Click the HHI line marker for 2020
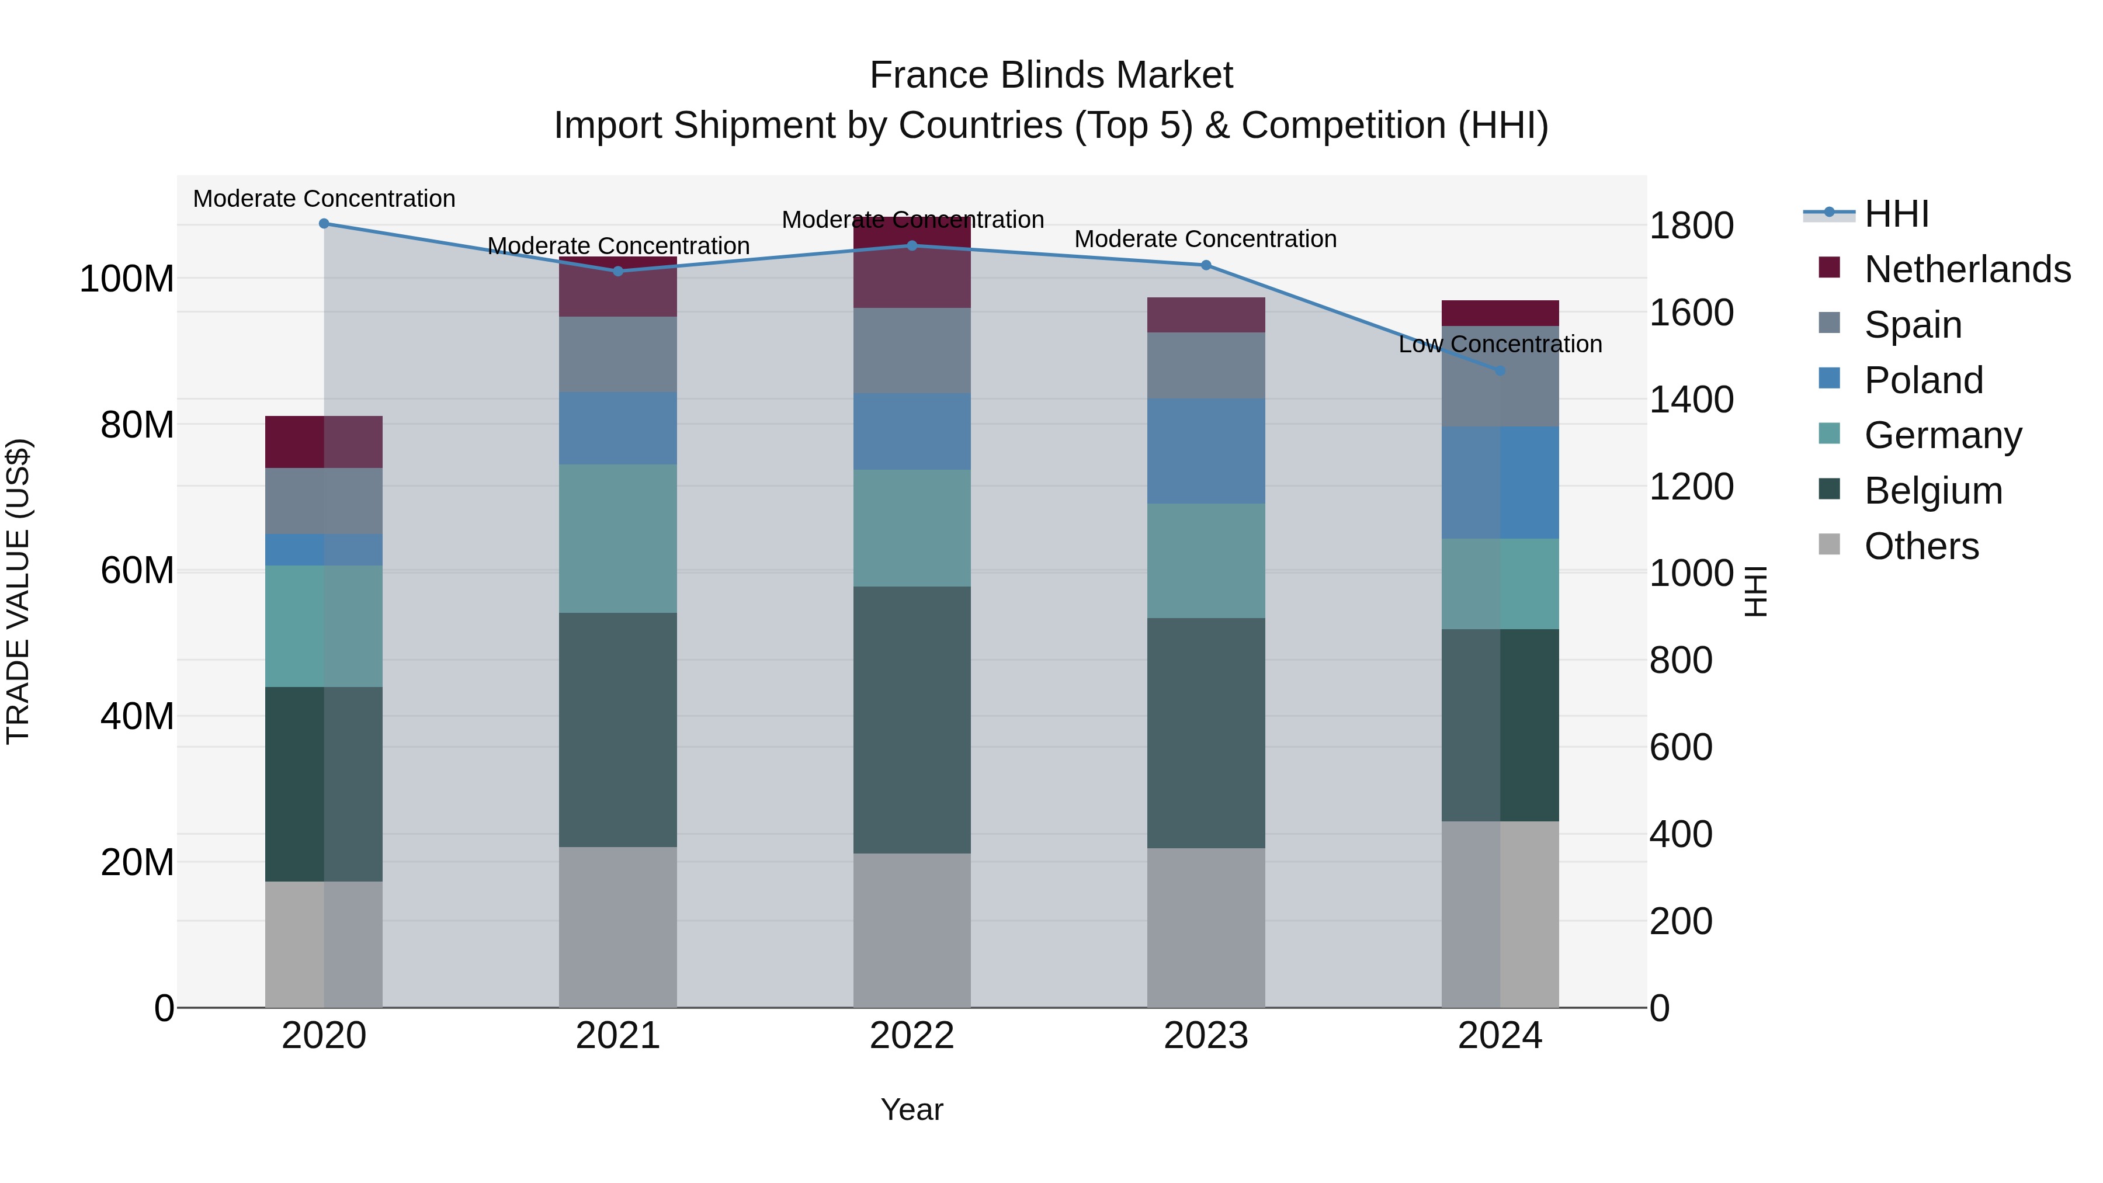(324, 224)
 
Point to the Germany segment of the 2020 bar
(324, 626)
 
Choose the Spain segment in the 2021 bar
(618, 355)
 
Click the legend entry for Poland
(1924, 380)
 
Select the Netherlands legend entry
(1967, 269)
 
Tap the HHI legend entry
(1896, 214)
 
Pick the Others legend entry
(1921, 546)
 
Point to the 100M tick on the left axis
(127, 279)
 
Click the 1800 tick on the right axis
(1691, 226)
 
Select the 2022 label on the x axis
(912, 1036)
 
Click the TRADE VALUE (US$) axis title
(18, 591)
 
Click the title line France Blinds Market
(1051, 75)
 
